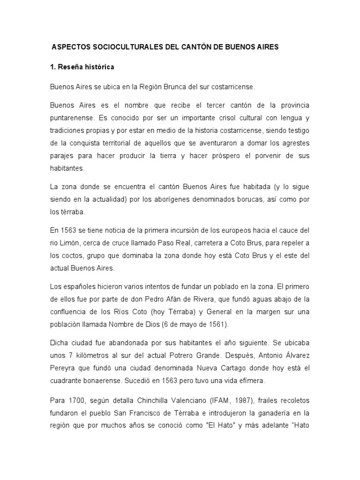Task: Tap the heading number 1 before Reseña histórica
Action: point(52,67)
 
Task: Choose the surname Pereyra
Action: point(63,368)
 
